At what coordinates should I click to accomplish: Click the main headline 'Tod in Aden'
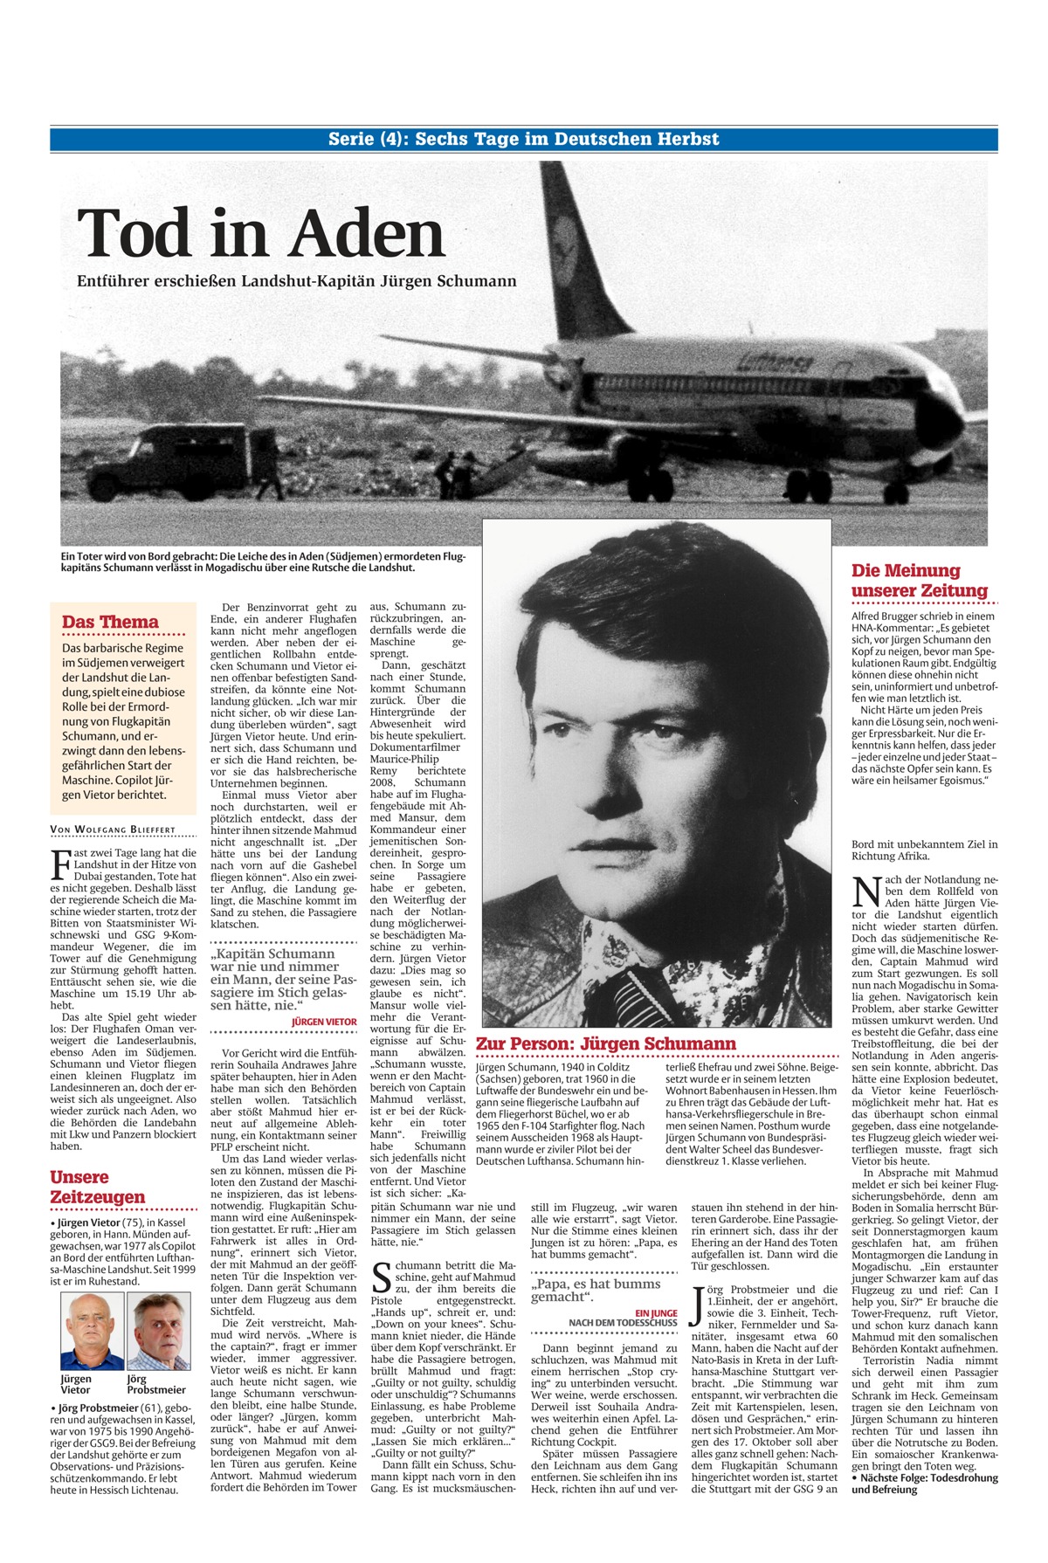pyautogui.click(x=260, y=234)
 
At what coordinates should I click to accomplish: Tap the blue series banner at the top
pyautogui.click(x=524, y=139)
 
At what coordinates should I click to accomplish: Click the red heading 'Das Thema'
pyautogui.click(x=110, y=622)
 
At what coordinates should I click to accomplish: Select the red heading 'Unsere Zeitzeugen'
pyautogui.click(x=97, y=1187)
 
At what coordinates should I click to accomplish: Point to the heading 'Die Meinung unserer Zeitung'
pyautogui.click(x=920, y=581)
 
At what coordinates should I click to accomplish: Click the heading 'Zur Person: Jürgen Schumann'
pyautogui.click(x=605, y=1043)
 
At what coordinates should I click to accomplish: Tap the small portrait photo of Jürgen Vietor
pyautogui.click(x=91, y=1331)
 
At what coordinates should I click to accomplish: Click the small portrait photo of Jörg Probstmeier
pyautogui.click(x=158, y=1331)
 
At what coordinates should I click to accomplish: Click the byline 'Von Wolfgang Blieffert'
pyautogui.click(x=113, y=830)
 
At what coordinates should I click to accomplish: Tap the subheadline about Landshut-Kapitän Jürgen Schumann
pyautogui.click(x=296, y=281)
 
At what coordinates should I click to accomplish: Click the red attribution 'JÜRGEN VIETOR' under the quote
pyautogui.click(x=324, y=1021)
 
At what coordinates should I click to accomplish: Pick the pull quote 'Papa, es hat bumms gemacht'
pyautogui.click(x=596, y=1290)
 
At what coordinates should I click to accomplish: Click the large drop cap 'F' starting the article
pyautogui.click(x=61, y=864)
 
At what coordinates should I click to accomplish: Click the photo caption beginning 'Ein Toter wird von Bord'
pyautogui.click(x=262, y=561)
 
